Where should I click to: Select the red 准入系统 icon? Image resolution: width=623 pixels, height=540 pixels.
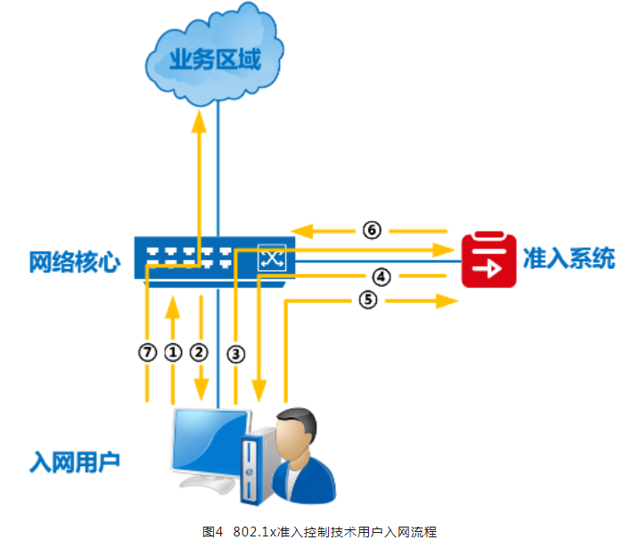488,259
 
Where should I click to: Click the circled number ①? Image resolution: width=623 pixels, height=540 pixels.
173,352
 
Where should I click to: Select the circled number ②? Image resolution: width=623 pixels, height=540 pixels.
200,352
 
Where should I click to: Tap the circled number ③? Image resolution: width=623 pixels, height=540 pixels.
235,353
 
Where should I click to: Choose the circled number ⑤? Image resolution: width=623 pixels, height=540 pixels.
368,300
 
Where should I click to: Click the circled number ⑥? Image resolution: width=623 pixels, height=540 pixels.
373,230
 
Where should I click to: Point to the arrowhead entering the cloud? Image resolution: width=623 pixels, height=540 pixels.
200,119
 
